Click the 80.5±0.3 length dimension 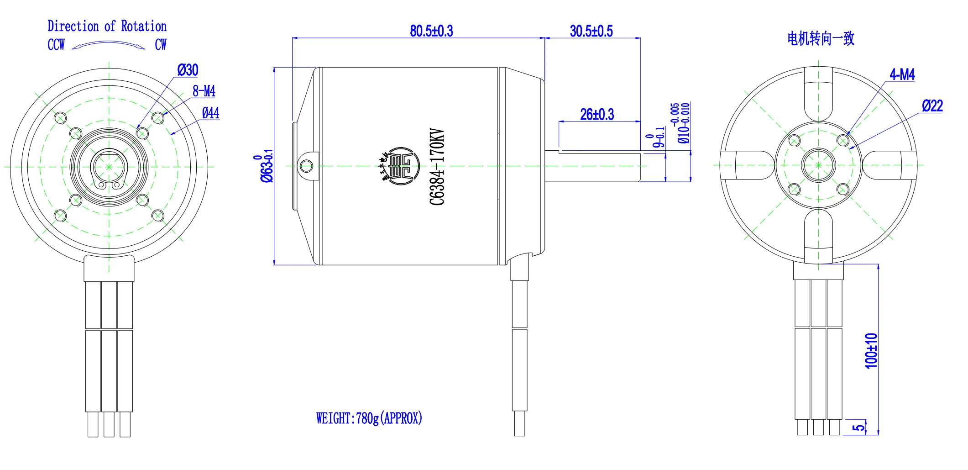(x=431, y=31)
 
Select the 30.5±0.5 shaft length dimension (x=591, y=31)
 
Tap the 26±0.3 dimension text (x=596, y=114)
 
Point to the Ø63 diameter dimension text (x=266, y=167)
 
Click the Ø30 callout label (x=188, y=70)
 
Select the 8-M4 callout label (x=204, y=91)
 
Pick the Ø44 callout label (x=210, y=113)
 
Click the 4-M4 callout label (x=902, y=74)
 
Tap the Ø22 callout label (x=932, y=106)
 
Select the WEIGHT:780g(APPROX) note (x=369, y=418)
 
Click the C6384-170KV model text (x=437, y=167)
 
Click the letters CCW (x=56, y=45)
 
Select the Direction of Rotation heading (x=107, y=26)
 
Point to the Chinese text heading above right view (x=820, y=38)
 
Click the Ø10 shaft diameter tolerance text (x=683, y=123)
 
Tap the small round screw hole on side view (x=307, y=165)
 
